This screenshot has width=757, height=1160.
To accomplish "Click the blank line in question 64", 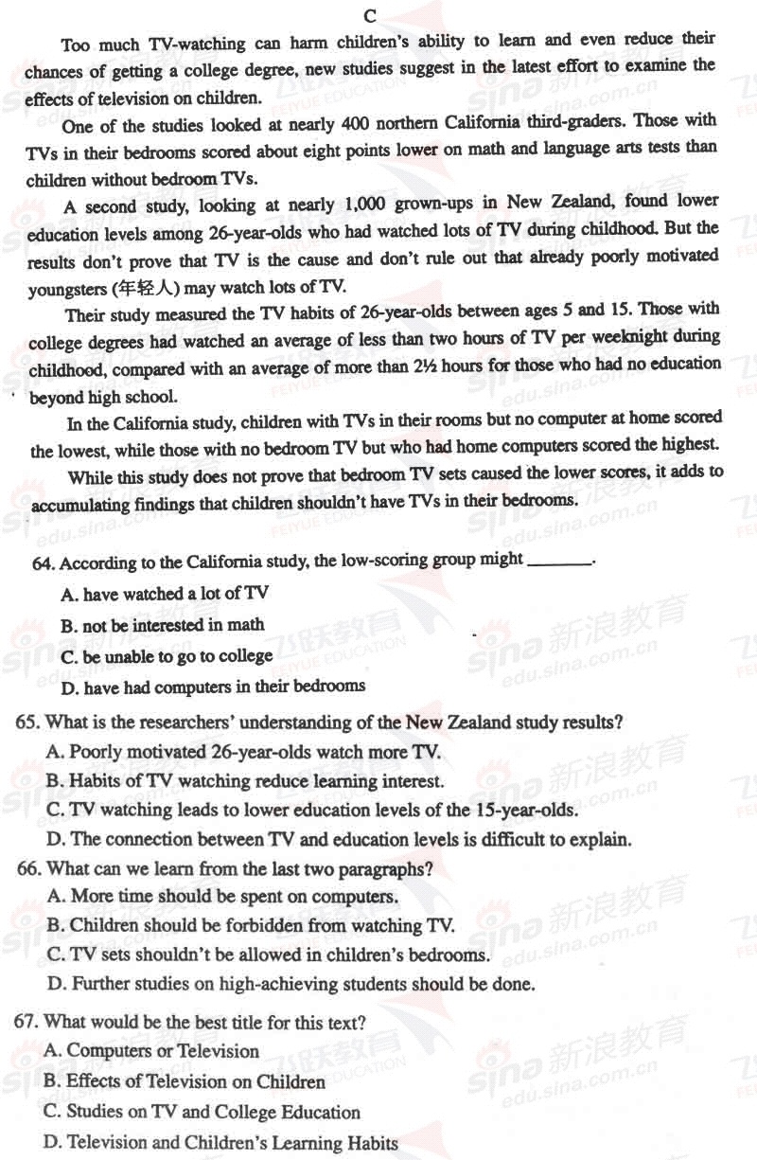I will tap(558, 561).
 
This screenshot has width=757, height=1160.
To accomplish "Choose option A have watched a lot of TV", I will tap(165, 595).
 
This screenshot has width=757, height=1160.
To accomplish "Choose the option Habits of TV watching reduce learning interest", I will tap(245, 781).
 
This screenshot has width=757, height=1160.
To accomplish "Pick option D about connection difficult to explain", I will tap(339, 839).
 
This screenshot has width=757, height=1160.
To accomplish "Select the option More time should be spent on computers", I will tap(221, 896).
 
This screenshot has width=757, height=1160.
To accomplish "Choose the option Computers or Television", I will tap(151, 1050).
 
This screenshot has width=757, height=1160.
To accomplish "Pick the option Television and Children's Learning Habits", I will tap(220, 1142).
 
